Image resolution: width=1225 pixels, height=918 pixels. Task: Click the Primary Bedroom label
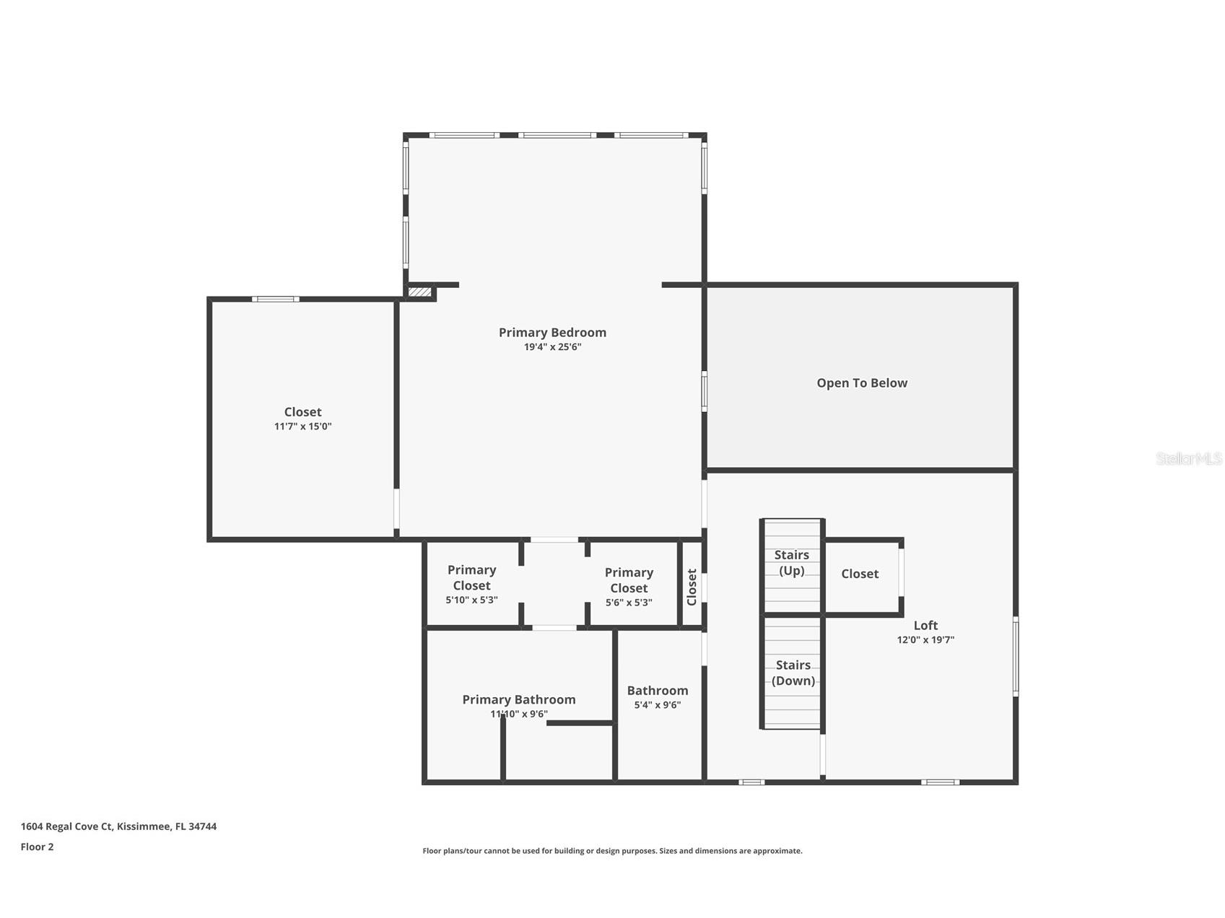(x=552, y=333)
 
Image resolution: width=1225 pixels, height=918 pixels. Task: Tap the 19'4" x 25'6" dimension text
(x=552, y=347)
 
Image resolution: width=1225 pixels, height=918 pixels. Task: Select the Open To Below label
(x=861, y=383)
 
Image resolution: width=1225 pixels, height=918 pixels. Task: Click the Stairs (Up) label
(x=792, y=563)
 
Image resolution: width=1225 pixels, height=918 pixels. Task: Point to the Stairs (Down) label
(x=793, y=673)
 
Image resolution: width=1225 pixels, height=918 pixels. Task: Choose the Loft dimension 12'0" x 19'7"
(x=925, y=640)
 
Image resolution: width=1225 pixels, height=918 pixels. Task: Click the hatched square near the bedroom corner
(x=419, y=292)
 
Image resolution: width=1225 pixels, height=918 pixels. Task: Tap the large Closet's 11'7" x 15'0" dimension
(x=302, y=427)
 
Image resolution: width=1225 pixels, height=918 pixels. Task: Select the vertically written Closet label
(x=692, y=587)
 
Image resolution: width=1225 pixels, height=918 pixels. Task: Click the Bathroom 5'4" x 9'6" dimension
(x=657, y=705)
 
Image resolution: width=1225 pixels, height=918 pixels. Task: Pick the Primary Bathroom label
(x=518, y=699)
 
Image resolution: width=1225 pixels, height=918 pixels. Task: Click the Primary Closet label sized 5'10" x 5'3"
(x=471, y=577)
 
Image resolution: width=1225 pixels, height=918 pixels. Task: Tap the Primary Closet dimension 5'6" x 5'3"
(x=628, y=603)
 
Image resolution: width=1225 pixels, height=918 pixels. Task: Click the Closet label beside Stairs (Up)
(x=859, y=574)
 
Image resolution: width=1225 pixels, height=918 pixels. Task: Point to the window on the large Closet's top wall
(x=275, y=299)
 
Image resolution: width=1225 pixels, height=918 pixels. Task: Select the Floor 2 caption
(x=37, y=847)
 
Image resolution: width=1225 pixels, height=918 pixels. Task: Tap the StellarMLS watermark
(x=1188, y=458)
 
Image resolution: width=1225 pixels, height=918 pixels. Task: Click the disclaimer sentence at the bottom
(x=612, y=851)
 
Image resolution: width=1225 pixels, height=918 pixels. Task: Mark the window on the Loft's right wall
(x=1015, y=656)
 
